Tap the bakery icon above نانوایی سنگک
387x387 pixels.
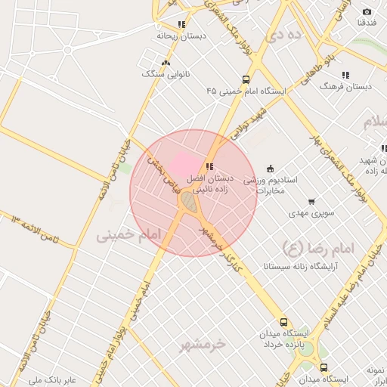166,62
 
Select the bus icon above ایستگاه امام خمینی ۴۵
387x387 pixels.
246,79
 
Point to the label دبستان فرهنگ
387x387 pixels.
345,87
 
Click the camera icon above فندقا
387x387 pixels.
367,11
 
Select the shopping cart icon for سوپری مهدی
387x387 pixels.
311,202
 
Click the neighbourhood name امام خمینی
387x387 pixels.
129,236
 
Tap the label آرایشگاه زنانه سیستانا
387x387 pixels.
300,266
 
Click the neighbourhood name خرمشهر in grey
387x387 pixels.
203,345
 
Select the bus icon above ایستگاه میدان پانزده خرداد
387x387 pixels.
283,322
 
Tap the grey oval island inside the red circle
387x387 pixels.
187,202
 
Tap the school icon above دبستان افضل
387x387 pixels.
209,166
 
